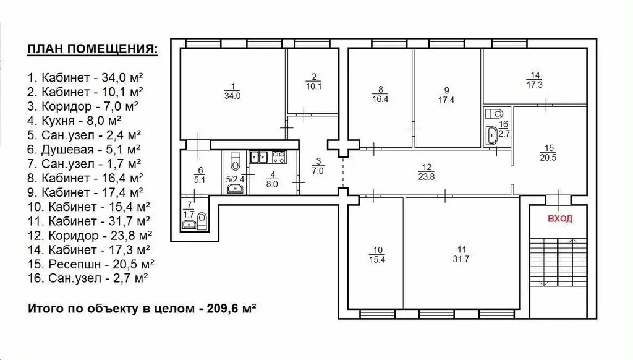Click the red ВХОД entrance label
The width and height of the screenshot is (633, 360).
tap(560, 218)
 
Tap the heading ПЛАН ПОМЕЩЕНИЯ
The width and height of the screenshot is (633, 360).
tap(93, 49)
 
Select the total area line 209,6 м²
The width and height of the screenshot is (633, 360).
tap(142, 309)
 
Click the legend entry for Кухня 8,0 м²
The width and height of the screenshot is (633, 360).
tap(75, 121)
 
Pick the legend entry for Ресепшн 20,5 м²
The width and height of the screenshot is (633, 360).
tap(91, 264)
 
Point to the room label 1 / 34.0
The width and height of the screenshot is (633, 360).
tap(232, 92)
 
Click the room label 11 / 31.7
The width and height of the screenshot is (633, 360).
tap(461, 255)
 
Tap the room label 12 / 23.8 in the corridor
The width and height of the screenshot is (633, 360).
tap(427, 172)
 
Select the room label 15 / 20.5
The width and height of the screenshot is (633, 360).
tap(548, 153)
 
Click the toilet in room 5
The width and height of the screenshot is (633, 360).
tap(235, 161)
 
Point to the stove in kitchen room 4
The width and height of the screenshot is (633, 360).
tap(279, 156)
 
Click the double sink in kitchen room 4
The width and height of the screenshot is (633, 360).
tap(259, 156)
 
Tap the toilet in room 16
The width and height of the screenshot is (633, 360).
tap(495, 113)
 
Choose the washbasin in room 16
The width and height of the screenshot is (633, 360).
tap(493, 135)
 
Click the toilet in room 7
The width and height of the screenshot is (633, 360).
tap(203, 221)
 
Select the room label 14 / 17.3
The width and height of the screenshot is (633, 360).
tap(535, 80)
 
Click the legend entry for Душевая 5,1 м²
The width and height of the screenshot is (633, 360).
tap(84, 150)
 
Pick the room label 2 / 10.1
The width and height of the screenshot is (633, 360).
tap(313, 82)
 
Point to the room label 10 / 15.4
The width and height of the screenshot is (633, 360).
tap(377, 255)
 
